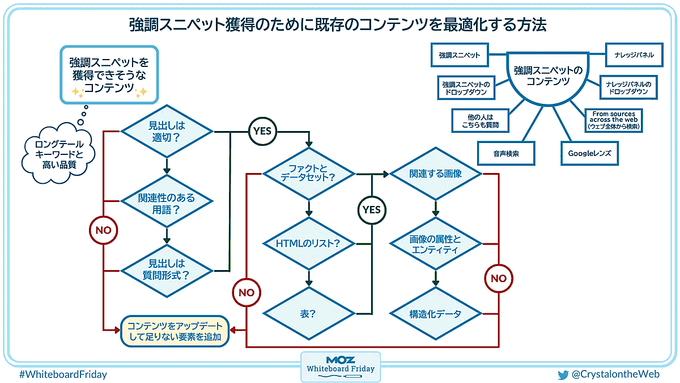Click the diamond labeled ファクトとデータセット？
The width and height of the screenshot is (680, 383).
[x=308, y=173]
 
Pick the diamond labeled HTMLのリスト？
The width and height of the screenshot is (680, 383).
[x=308, y=244]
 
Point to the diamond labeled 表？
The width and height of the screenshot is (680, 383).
[x=308, y=314]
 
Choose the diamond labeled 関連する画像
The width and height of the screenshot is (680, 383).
[x=435, y=174]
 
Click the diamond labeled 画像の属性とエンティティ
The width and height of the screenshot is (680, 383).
[x=435, y=245]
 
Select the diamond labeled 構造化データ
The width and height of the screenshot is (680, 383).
[x=435, y=314]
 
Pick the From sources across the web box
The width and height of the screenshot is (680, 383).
[x=614, y=120]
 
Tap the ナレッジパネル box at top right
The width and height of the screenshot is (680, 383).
[x=630, y=55]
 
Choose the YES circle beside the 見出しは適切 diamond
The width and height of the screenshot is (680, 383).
[x=262, y=131]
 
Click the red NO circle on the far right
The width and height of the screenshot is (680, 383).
[x=499, y=279]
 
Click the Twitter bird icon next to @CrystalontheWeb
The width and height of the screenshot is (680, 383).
[x=563, y=374]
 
